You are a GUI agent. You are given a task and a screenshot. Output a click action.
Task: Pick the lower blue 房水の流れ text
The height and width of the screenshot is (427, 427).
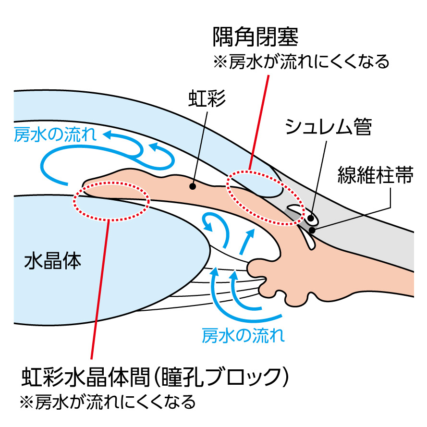coord(243,334)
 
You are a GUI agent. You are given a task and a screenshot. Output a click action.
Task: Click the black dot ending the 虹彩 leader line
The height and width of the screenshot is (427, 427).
coord(192,186)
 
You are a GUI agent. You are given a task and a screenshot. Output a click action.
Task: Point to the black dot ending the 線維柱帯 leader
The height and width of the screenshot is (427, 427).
coord(313,230)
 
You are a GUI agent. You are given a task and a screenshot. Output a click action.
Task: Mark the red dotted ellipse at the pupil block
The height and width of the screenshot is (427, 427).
coord(111,199)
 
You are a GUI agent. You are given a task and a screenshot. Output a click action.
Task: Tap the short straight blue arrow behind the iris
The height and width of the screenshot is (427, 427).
coord(246,242)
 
